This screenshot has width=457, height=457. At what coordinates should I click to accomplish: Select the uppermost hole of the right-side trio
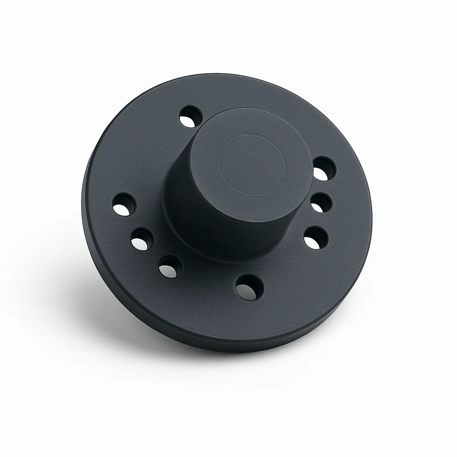click(324, 169)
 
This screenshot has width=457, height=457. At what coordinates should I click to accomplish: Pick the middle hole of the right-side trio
click(321, 203)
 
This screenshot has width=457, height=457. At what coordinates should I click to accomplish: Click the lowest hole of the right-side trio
click(316, 237)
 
